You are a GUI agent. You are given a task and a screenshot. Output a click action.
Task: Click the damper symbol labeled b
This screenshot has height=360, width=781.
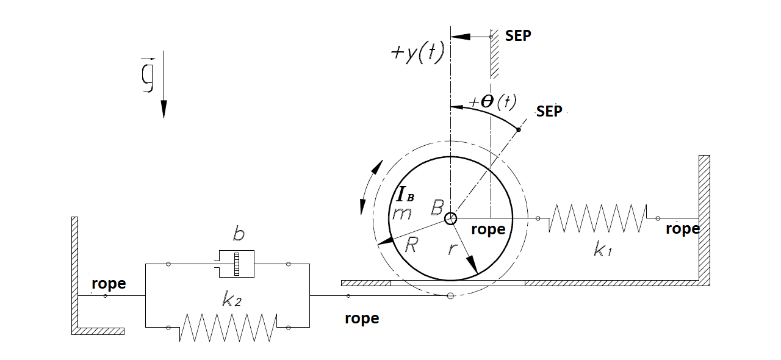coord(234,264)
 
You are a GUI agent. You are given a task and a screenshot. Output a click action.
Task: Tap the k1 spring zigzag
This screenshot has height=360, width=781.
coord(597,218)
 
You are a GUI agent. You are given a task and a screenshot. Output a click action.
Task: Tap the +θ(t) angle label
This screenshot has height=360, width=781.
coord(492,101)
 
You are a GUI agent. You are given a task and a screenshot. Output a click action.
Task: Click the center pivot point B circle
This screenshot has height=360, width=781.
coord(450,218)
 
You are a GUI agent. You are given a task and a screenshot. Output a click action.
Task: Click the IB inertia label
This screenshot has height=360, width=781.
coord(405,195)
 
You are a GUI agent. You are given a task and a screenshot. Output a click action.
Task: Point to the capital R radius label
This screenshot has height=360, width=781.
coord(412,245)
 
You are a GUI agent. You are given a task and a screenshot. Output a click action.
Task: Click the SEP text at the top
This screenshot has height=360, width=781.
coord(518,35)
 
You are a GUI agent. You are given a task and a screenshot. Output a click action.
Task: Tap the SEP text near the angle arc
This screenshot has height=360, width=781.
coord(549,112)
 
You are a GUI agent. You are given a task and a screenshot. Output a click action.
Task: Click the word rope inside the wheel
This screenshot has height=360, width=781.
coord(488,229)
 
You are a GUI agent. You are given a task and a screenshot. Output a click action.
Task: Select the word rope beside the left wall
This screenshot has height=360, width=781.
coord(109,284)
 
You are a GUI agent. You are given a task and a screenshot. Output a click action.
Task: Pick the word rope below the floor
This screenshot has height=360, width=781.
coord(362,319)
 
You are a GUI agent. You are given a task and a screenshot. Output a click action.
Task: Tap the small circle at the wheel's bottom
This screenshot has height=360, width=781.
coord(450,296)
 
